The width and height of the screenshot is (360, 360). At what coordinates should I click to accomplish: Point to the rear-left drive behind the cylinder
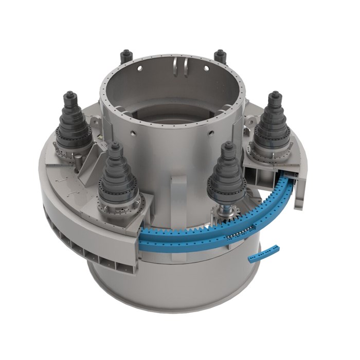click(124, 57)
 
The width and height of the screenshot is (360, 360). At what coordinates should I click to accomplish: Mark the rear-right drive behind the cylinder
click(221, 56)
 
